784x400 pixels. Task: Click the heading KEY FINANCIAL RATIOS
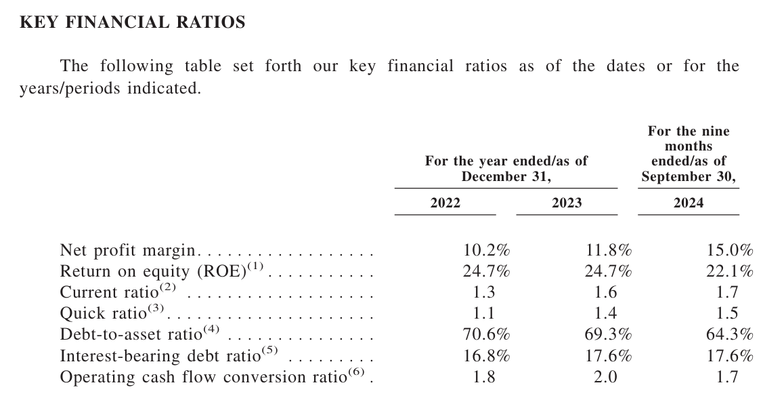[x=133, y=22]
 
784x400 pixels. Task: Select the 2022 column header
[x=445, y=203]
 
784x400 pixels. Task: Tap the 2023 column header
[x=567, y=203]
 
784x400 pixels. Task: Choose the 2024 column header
[x=689, y=203]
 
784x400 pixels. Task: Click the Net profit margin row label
[x=127, y=250]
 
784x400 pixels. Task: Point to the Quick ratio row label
[x=103, y=314]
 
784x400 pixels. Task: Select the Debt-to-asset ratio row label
[x=131, y=335]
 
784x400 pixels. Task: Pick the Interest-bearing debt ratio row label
[x=160, y=356]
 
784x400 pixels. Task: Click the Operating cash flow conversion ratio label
[x=202, y=377]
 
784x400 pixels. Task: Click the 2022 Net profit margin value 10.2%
[x=486, y=250]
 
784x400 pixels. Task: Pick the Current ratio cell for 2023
[x=605, y=292]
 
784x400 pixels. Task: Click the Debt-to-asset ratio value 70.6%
[x=486, y=334]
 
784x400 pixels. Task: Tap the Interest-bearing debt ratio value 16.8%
[x=486, y=356]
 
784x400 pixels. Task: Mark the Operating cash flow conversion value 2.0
[x=605, y=377]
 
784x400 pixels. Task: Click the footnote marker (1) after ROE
[x=255, y=266]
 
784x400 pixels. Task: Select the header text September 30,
[x=689, y=177]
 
